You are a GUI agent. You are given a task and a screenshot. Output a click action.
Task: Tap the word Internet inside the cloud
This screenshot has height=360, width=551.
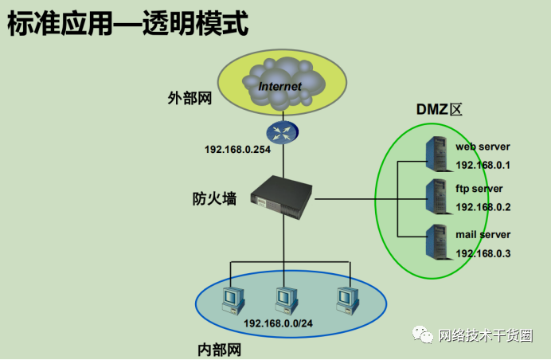280,85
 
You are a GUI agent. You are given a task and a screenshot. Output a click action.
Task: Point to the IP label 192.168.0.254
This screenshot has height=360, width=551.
238,149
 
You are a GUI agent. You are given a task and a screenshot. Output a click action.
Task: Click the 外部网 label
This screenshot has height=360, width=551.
190,98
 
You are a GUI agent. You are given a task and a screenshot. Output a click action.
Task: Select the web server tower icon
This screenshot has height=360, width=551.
436,152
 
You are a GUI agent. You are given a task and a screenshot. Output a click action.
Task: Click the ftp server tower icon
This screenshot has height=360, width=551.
436,196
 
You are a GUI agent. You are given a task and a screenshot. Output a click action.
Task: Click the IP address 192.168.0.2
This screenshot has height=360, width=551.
483,207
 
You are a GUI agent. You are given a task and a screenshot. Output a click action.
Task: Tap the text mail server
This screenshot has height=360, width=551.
483,235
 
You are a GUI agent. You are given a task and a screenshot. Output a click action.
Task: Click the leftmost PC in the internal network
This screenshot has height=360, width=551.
232,298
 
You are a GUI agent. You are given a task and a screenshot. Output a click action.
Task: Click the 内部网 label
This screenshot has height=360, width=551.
219,350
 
